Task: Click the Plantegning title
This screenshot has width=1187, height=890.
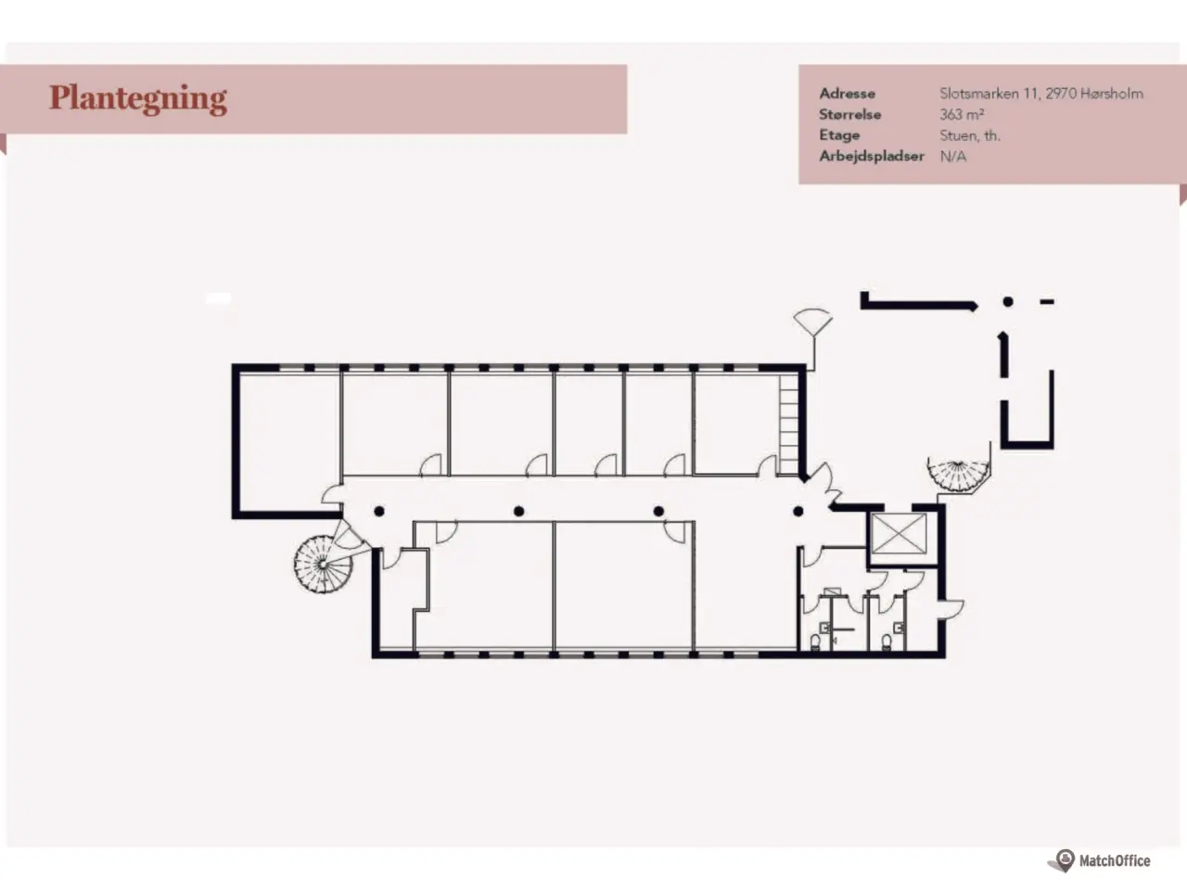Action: point(138,99)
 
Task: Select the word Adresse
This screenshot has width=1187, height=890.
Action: point(847,94)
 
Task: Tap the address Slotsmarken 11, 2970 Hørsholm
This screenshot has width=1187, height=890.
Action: point(1041,94)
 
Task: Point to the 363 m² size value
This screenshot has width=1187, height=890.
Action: point(962,115)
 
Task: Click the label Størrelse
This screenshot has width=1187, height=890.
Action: point(850,115)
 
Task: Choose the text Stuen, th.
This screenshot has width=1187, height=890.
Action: point(970,135)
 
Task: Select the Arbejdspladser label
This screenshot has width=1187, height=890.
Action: point(871,156)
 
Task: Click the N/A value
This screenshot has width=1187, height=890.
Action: point(952,156)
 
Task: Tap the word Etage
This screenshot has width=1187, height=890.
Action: point(839,135)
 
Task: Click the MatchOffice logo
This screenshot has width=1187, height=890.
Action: point(1100,860)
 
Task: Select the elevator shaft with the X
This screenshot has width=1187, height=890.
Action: point(900,534)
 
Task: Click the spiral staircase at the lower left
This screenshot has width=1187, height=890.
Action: point(323,565)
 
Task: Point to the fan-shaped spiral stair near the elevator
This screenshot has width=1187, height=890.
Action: point(958,475)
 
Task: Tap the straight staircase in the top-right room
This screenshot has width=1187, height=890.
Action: point(788,425)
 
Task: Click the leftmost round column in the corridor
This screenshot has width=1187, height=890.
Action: point(378,511)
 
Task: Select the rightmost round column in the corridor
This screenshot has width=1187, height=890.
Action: point(798,511)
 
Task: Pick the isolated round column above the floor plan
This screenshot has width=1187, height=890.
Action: point(1007,301)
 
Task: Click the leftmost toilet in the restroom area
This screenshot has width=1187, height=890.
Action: point(815,642)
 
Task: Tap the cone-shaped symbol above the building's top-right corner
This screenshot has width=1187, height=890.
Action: point(812,322)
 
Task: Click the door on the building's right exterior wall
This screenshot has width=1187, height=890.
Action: point(951,608)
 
